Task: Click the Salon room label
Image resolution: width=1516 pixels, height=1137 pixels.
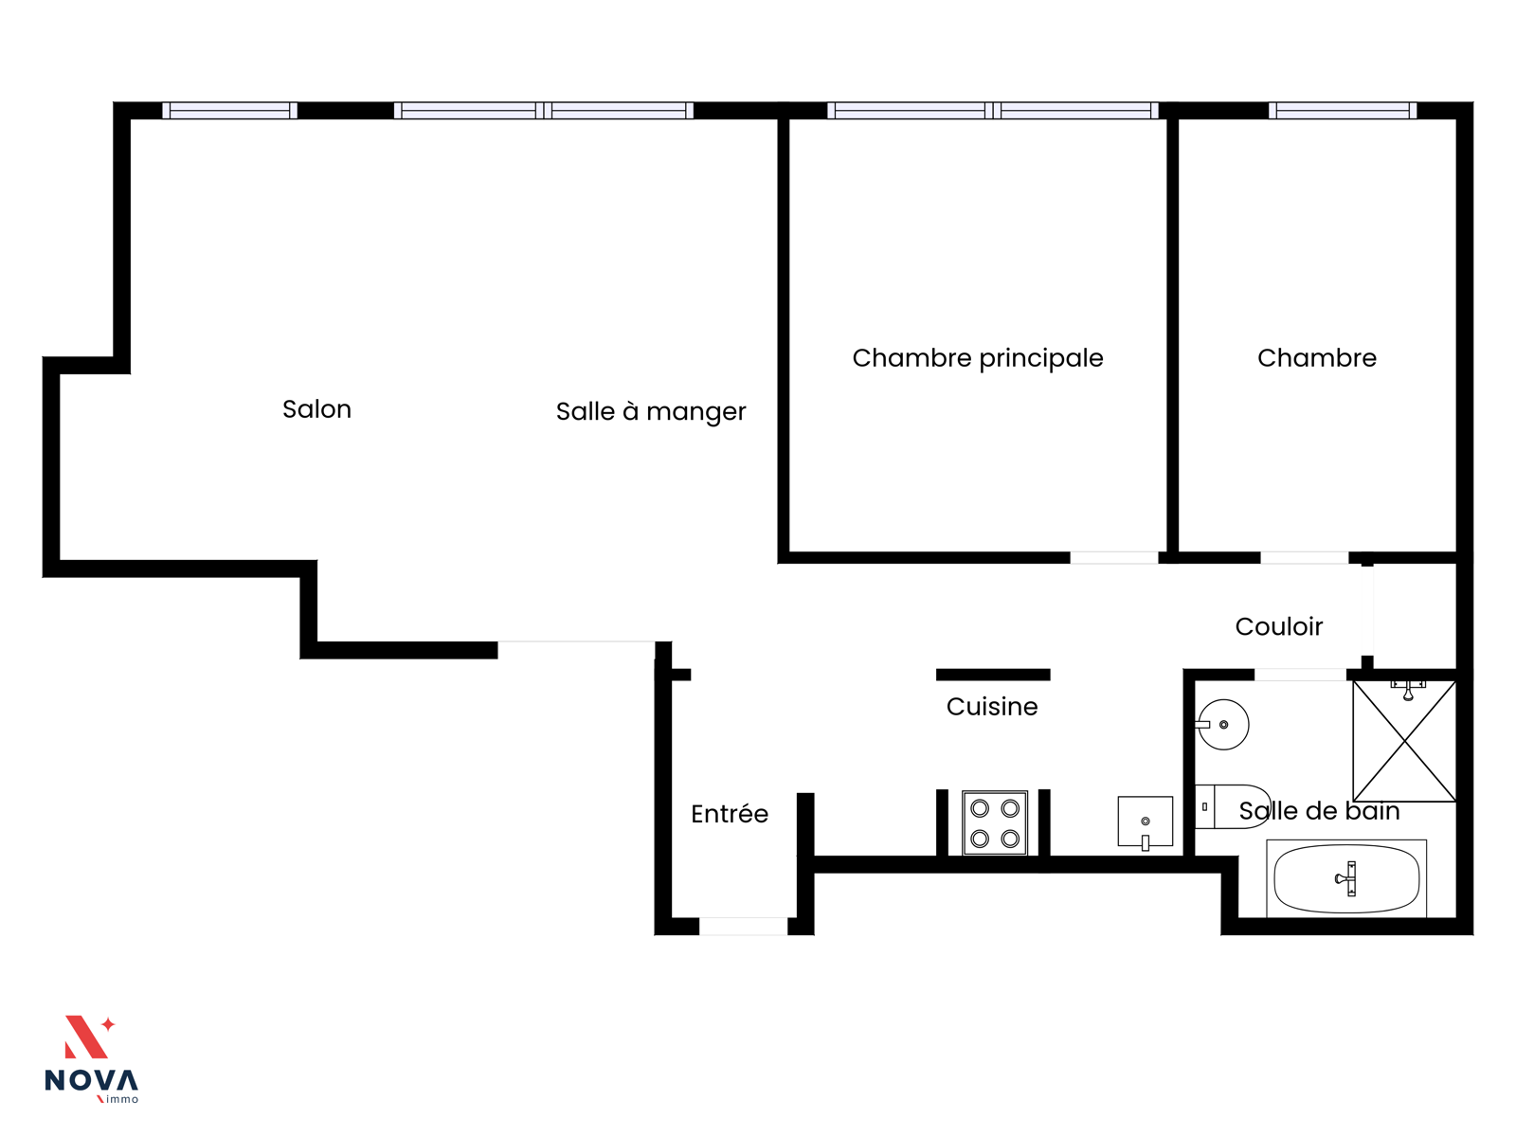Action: point(316,408)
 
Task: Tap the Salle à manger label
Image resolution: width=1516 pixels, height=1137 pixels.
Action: point(651,411)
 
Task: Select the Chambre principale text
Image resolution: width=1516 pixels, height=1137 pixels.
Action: point(977,358)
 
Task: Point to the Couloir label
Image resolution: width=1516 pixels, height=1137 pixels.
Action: point(1278,626)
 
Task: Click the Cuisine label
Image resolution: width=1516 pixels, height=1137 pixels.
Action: point(992,706)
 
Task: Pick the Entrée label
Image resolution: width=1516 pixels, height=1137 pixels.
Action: point(730,813)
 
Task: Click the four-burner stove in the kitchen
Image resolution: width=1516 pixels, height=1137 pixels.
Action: point(995,822)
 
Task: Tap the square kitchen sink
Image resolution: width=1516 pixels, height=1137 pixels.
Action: point(1146,822)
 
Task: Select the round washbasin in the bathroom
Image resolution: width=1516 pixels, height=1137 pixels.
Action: point(1222,725)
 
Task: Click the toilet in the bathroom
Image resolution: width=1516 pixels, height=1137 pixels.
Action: point(1233,806)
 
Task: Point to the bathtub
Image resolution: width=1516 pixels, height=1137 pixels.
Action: point(1346,879)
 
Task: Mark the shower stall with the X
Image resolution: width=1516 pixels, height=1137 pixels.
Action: point(1404,742)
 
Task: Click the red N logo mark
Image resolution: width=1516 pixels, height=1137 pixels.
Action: point(88,1037)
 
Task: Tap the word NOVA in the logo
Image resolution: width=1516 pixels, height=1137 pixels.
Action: point(91,1080)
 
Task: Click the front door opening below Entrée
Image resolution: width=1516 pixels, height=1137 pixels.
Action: point(743,927)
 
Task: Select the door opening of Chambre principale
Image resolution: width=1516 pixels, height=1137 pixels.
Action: point(1114,558)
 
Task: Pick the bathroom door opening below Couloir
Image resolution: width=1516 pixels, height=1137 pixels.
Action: point(1300,675)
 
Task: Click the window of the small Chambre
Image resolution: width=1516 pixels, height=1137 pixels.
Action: point(1343,111)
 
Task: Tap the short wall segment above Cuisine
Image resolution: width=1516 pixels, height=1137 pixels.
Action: point(993,675)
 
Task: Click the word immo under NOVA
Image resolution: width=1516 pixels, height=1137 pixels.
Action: point(122,1099)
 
